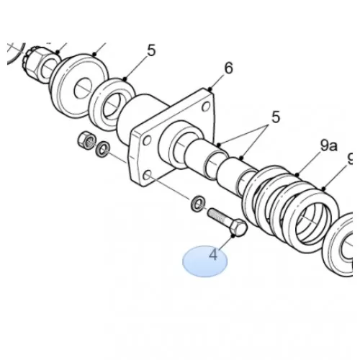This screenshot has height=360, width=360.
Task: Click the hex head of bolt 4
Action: click(x=238, y=228)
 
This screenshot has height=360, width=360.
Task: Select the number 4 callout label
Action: click(x=213, y=255)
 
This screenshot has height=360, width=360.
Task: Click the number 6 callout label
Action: click(x=228, y=68)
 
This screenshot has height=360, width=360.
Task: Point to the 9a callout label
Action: click(x=328, y=145)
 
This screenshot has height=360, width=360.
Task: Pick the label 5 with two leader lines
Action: click(x=276, y=117)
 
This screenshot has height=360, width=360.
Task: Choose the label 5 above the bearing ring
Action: click(x=151, y=50)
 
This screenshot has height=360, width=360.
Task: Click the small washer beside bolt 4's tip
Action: click(x=198, y=204)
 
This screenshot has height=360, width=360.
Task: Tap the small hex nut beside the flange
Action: click(x=86, y=140)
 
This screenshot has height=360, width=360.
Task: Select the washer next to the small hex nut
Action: click(x=103, y=150)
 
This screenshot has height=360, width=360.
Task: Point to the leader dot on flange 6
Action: click(x=210, y=89)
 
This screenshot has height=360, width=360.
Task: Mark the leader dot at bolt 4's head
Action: click(x=233, y=236)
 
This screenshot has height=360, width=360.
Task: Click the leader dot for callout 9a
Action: click(x=297, y=174)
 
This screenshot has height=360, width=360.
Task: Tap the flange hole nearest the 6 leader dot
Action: click(x=206, y=106)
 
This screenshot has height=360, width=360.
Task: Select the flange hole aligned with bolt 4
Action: click(x=148, y=175)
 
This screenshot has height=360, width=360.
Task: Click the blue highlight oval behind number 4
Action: click(x=204, y=261)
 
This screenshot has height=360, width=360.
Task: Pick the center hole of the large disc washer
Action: click(x=83, y=88)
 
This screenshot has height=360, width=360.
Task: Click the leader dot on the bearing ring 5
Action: click(x=125, y=78)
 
